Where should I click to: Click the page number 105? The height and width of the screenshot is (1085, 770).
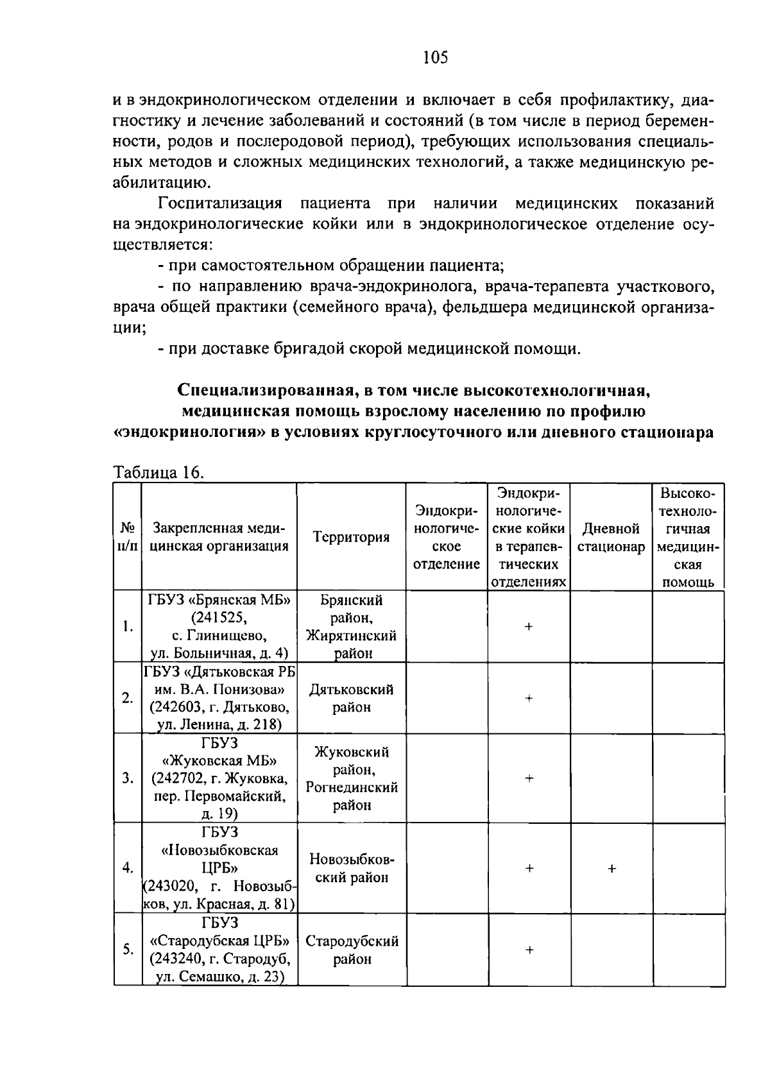tap(435, 58)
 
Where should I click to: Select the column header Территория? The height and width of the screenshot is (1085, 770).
tap(351, 537)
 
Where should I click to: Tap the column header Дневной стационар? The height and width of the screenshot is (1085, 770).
tap(611, 538)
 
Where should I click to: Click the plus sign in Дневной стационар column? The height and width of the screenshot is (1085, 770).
tap(612, 868)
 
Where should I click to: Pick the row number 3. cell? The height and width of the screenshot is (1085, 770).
tap(128, 778)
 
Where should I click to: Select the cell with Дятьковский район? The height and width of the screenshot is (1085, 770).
tap(351, 698)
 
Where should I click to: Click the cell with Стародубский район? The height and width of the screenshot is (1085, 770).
tap(352, 950)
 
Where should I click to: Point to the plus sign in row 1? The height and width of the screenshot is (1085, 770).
tap(529, 627)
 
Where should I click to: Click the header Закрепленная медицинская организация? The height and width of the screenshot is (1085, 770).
tap(219, 537)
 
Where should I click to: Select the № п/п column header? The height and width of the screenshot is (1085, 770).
tap(128, 537)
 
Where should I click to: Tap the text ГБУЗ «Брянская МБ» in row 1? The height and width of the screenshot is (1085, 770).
tap(219, 600)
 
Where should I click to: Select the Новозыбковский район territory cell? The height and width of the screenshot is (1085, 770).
tap(352, 868)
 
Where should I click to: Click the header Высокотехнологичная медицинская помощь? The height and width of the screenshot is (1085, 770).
tap(688, 537)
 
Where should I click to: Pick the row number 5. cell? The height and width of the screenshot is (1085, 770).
tap(128, 950)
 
